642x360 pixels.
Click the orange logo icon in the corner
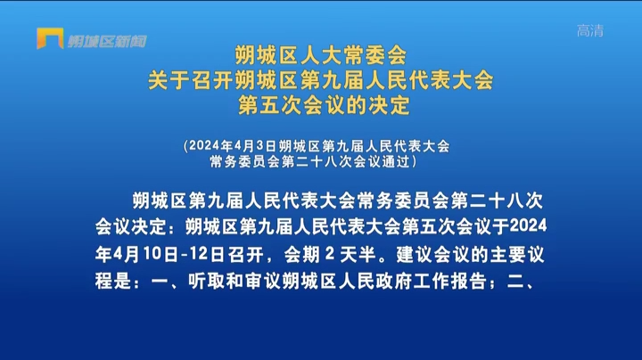tap(50, 38)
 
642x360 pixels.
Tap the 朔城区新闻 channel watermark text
tap(107, 41)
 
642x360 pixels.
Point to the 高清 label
tap(590, 30)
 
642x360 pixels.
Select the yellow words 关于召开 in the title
tap(191, 80)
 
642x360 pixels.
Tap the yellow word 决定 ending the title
tap(389, 105)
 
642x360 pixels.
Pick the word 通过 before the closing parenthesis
tap(396, 161)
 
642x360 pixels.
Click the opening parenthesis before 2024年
tap(185, 146)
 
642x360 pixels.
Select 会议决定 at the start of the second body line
tap(131, 226)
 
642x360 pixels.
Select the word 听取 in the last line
tap(206, 282)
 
